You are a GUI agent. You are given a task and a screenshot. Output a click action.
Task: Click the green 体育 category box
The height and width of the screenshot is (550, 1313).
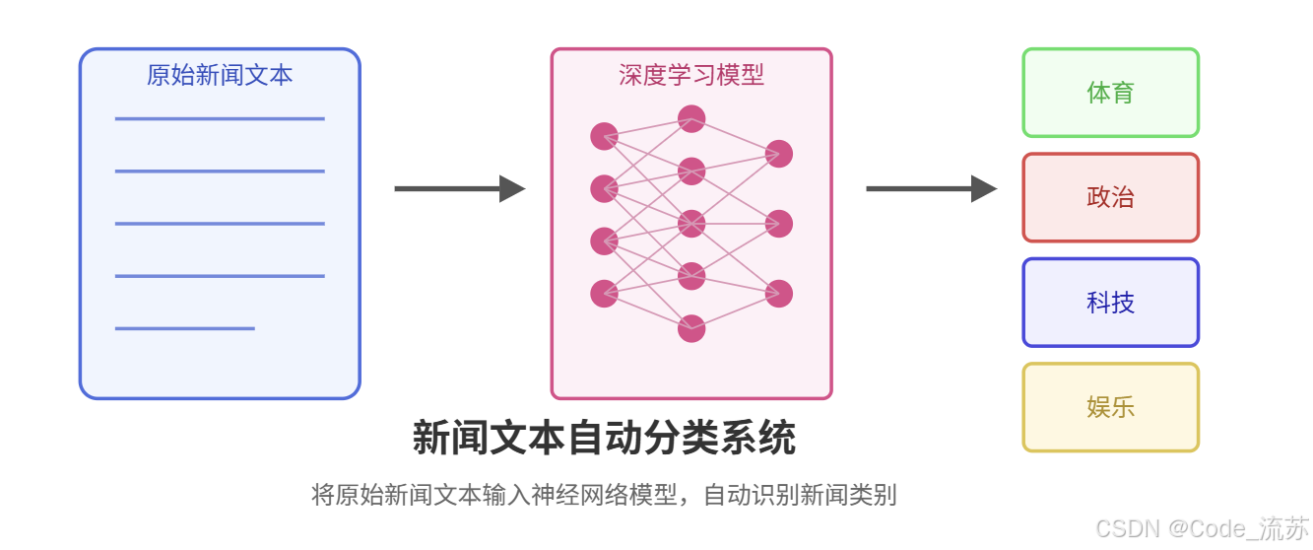[x=1110, y=93]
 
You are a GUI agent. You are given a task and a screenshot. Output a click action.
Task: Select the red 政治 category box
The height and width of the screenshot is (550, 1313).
[x=1110, y=197]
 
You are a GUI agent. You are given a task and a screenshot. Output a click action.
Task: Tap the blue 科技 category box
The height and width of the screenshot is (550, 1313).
[x=1110, y=303]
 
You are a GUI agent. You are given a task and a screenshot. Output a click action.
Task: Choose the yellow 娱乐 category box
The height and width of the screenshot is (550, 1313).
[x=1110, y=407]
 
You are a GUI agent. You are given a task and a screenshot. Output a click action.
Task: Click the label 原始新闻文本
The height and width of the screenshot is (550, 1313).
[x=220, y=75]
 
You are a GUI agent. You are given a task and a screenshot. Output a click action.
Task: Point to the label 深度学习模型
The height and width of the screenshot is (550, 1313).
[x=691, y=75]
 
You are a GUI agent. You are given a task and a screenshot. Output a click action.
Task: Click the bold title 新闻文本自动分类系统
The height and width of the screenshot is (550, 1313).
[x=604, y=439]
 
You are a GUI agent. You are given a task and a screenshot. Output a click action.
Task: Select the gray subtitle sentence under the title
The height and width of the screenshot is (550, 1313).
[x=604, y=495]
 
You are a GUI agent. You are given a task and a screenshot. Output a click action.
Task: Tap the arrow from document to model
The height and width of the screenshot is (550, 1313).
[x=459, y=188]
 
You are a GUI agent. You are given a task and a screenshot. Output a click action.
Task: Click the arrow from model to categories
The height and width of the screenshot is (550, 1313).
[x=931, y=188]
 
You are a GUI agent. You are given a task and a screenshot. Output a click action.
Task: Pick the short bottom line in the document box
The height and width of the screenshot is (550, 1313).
[x=185, y=328]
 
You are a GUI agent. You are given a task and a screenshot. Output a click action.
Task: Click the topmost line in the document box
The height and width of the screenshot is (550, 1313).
[x=220, y=119]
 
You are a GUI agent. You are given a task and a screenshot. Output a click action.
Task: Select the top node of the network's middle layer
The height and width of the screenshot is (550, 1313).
[x=691, y=119]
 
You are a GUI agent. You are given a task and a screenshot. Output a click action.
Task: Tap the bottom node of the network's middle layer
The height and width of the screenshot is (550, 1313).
[x=691, y=328]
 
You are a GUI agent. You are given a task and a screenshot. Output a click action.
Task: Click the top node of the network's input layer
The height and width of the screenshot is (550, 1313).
[x=604, y=136]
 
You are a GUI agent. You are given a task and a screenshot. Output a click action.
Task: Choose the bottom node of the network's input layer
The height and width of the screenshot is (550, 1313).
[x=604, y=294]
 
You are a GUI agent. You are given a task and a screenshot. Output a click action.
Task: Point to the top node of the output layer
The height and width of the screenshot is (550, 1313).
[x=779, y=154]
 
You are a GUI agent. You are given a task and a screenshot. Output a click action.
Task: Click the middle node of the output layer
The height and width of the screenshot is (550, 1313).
[x=779, y=224]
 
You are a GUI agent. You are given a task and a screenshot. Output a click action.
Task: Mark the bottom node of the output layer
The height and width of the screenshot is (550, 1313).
[x=779, y=294]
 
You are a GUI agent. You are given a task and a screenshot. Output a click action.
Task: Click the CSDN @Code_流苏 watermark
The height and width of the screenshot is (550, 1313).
[x=1202, y=528]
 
